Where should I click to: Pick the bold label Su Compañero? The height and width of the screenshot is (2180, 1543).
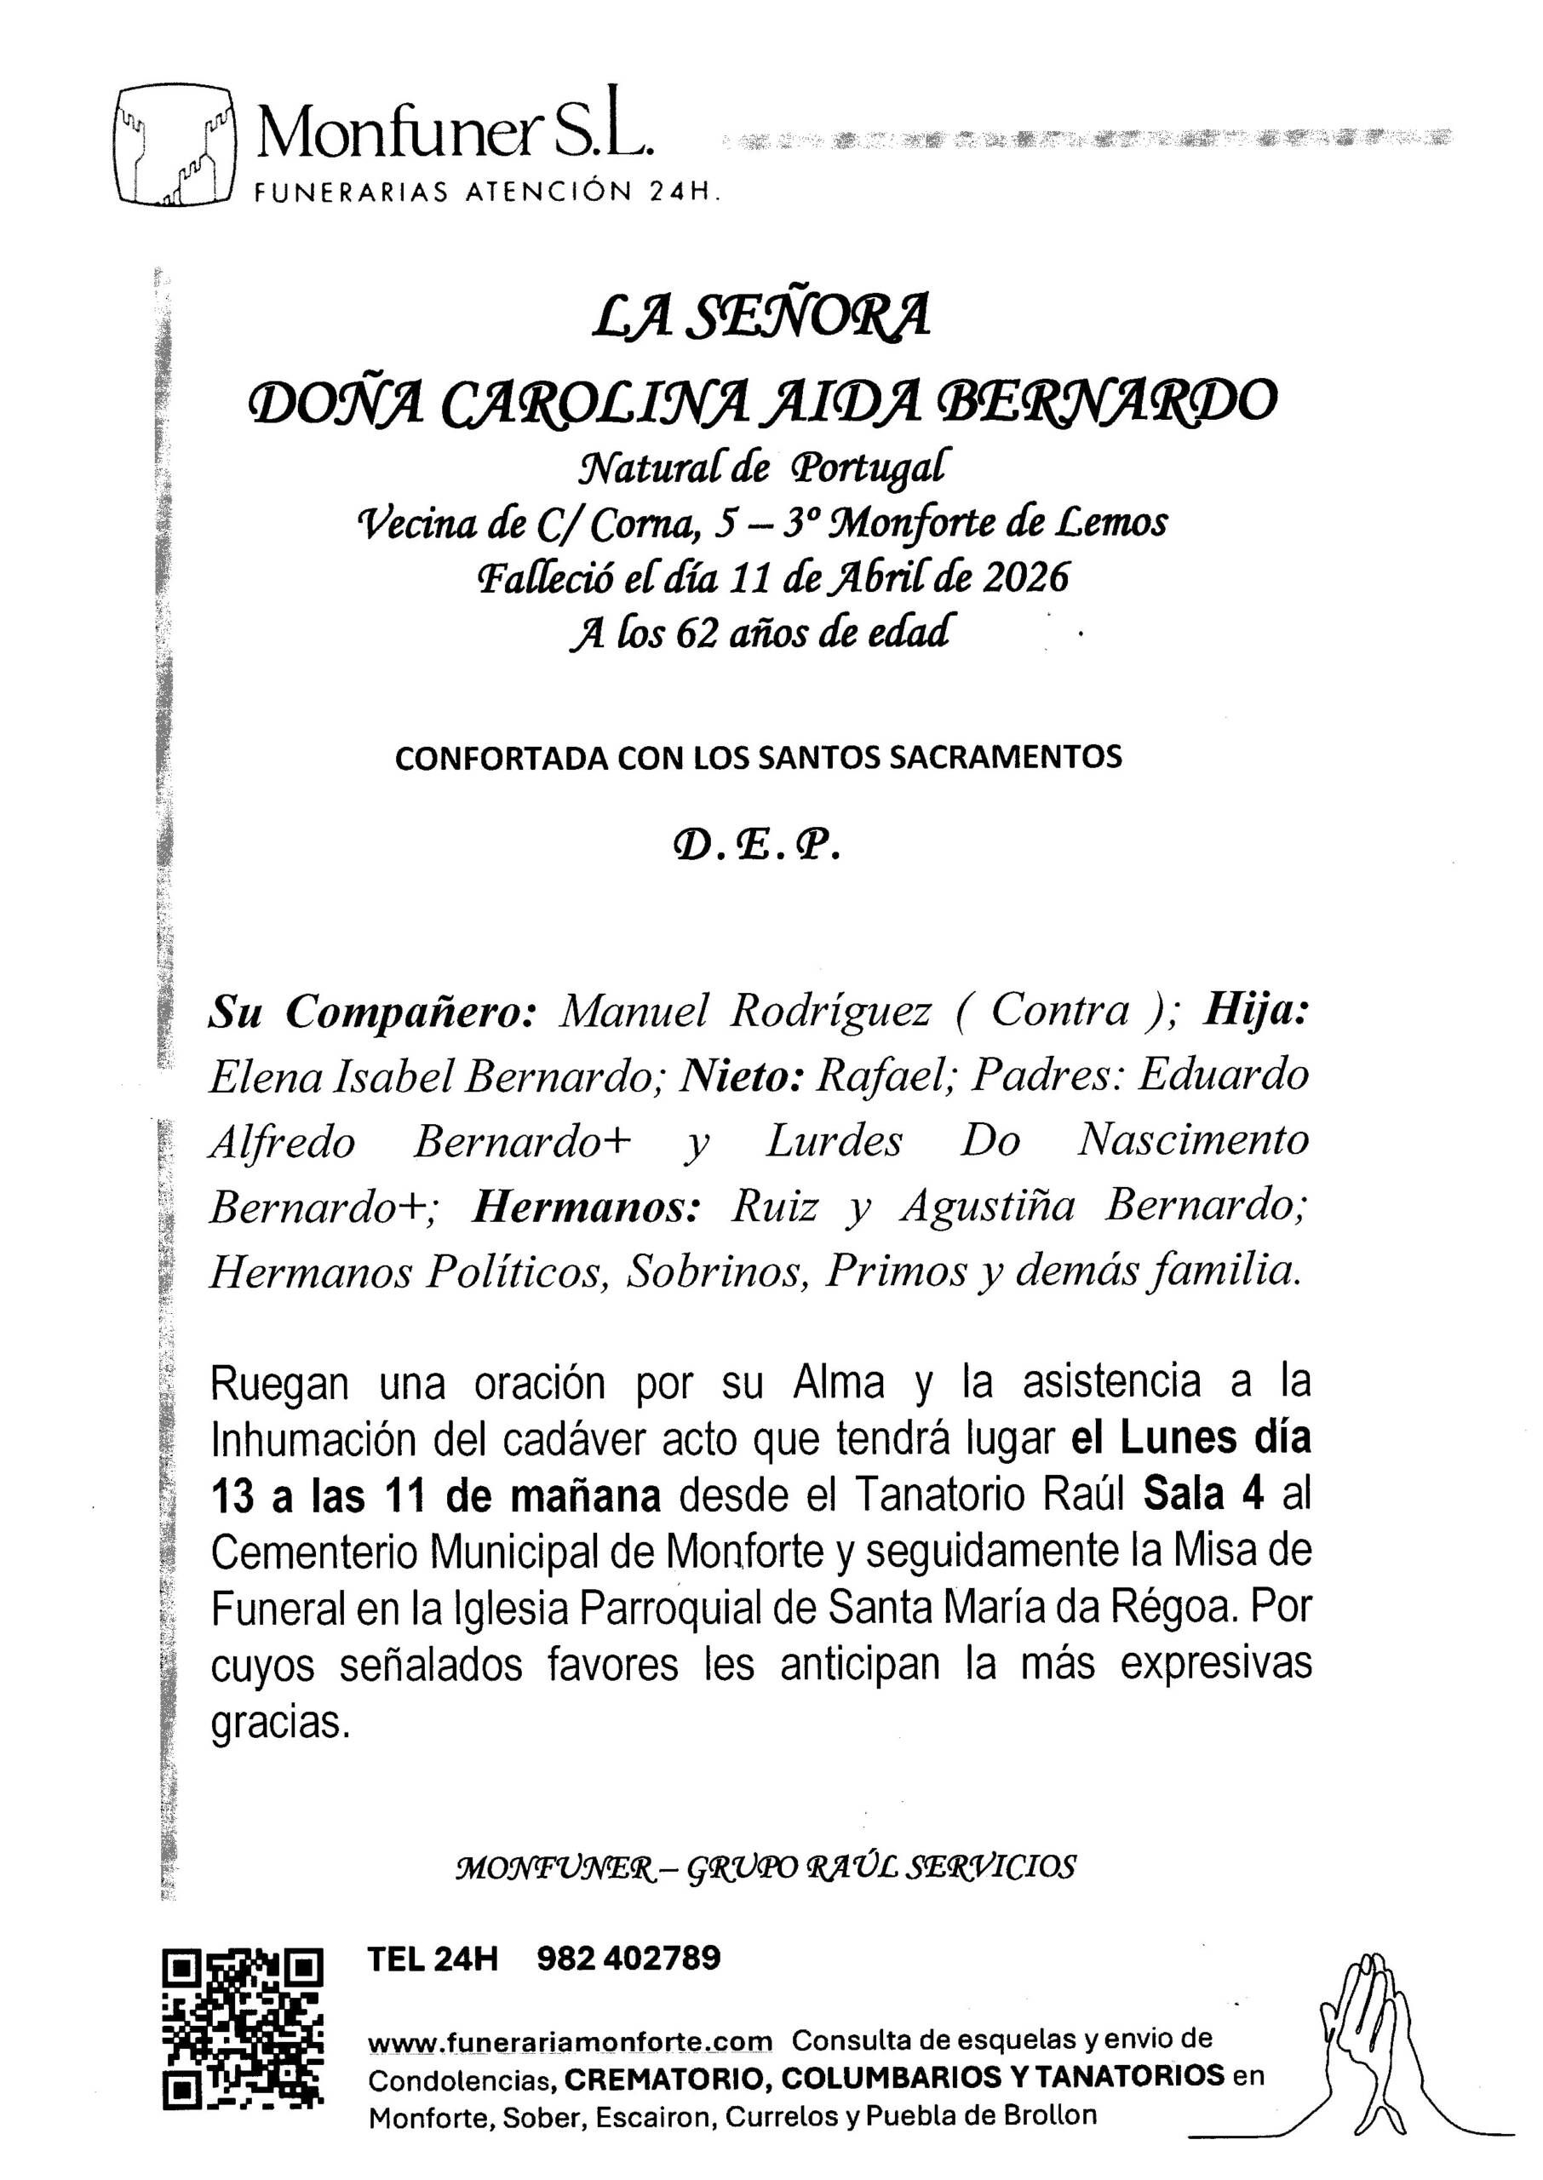[x=372, y=1013]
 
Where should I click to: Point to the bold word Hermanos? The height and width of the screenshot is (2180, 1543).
[x=586, y=1207]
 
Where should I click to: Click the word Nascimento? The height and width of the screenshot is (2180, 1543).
[x=1192, y=1141]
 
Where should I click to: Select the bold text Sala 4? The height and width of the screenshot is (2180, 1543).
[x=1203, y=1494]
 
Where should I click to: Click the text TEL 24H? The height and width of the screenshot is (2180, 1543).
[x=433, y=1959]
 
